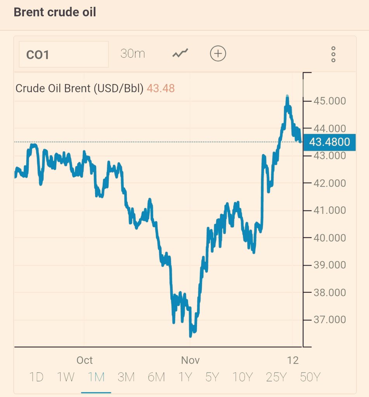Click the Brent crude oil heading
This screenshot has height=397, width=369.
pyautogui.click(x=55, y=12)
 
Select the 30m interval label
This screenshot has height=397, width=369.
pyautogui.click(x=133, y=54)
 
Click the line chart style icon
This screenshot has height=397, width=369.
pyautogui.click(x=180, y=54)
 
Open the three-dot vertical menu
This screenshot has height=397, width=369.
pyautogui.click(x=333, y=54)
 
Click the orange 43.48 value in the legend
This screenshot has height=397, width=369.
pyautogui.click(x=161, y=88)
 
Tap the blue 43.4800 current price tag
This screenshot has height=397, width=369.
pyautogui.click(x=329, y=142)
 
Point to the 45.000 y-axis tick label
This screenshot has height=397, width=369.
pyautogui.click(x=329, y=101)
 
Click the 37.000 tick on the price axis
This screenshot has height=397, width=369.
pyautogui.click(x=329, y=320)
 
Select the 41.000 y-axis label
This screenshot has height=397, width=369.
pyautogui.click(x=329, y=210)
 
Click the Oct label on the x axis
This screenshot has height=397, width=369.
pyautogui.click(x=85, y=360)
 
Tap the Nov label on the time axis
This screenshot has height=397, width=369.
pyautogui.click(x=191, y=360)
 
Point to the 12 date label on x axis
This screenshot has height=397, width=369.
pyautogui.click(x=293, y=360)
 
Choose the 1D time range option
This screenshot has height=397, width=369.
pyautogui.click(x=36, y=377)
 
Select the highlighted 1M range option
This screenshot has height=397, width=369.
pyautogui.click(x=96, y=377)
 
